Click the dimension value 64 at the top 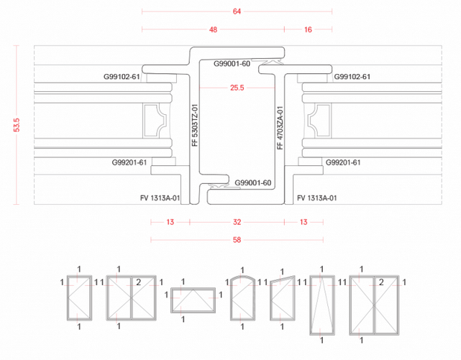coord(237,11)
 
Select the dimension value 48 coord(213,29)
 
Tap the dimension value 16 coord(308,29)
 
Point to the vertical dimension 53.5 coord(17,125)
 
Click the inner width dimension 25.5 coord(237,88)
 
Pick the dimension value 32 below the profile coord(237,222)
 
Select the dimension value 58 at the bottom coord(237,240)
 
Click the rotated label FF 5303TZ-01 coord(195,125)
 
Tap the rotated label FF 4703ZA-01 coord(280,128)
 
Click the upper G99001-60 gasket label coord(232,64)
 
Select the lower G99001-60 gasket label coord(253,183)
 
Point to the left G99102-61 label coord(122,77)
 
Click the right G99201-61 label coord(343,162)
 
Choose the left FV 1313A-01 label coord(160,198)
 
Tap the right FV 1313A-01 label coord(317,198)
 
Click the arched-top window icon coord(242,297)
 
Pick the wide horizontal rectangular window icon coord(193,300)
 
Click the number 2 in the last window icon coord(381,282)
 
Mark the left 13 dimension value coord(170,222)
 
